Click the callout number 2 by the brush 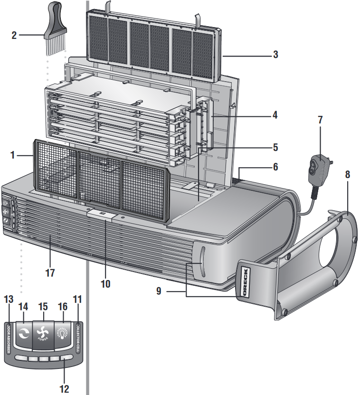tap(14, 35)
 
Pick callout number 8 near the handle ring tap(347, 174)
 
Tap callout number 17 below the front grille tap(50, 273)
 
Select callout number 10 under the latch tap(105, 283)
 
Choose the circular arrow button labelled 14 tap(23, 334)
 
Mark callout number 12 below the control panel tap(64, 389)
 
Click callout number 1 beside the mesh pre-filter tap(13, 154)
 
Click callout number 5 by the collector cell tap(275, 147)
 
